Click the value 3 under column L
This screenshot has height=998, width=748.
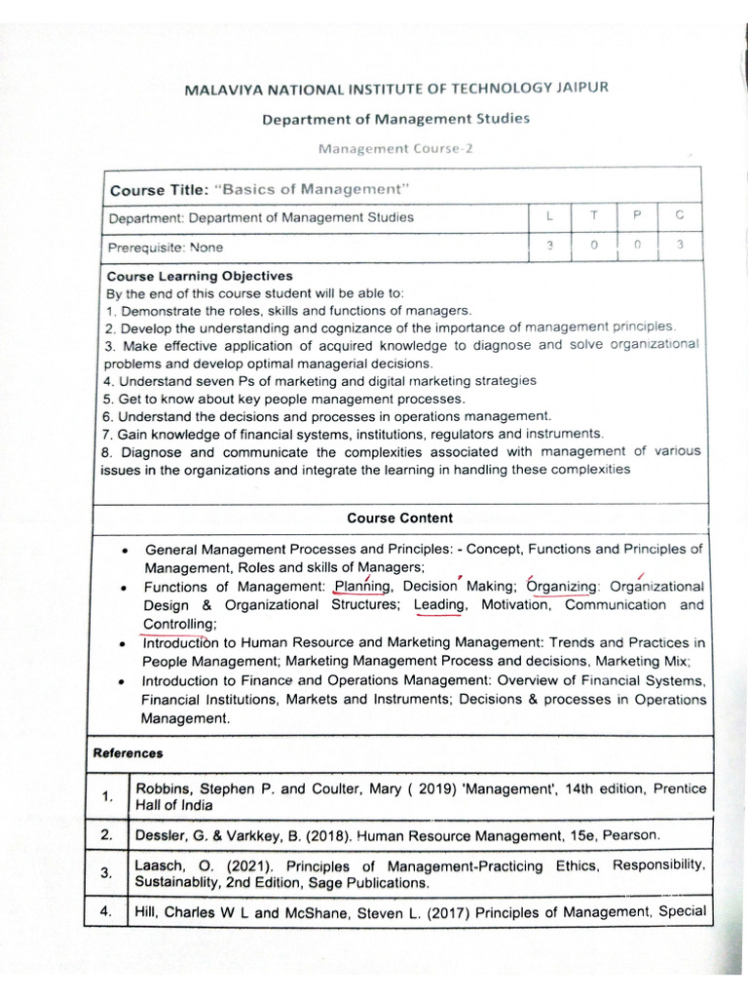click(x=548, y=247)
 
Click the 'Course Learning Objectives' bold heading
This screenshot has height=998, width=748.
click(x=200, y=276)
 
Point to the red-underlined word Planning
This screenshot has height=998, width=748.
click(x=362, y=586)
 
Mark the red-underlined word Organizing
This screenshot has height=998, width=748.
click(x=561, y=586)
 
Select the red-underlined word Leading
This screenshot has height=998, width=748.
click(x=440, y=604)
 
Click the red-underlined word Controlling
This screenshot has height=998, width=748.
click(x=179, y=623)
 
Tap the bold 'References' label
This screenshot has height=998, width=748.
click(x=128, y=753)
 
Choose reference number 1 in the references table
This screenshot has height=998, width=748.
click(x=108, y=797)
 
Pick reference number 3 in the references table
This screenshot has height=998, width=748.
click(x=108, y=873)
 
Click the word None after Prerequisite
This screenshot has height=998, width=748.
click(x=206, y=248)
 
